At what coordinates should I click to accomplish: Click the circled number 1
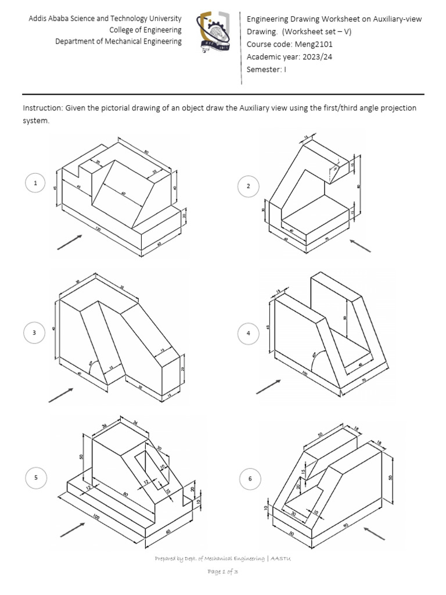(35, 184)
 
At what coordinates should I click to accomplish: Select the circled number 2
(248, 186)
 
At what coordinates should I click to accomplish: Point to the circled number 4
(248, 334)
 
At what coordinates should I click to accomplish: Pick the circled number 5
(35, 478)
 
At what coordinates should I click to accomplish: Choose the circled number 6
(250, 479)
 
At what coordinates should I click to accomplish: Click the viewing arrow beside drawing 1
(69, 242)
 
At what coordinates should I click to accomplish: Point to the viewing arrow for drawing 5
(72, 528)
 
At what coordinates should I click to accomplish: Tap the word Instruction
(42, 109)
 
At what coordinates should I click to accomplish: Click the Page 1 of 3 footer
(223, 572)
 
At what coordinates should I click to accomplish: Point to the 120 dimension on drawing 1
(98, 230)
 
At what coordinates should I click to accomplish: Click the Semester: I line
(267, 69)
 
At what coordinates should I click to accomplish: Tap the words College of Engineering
(145, 30)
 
